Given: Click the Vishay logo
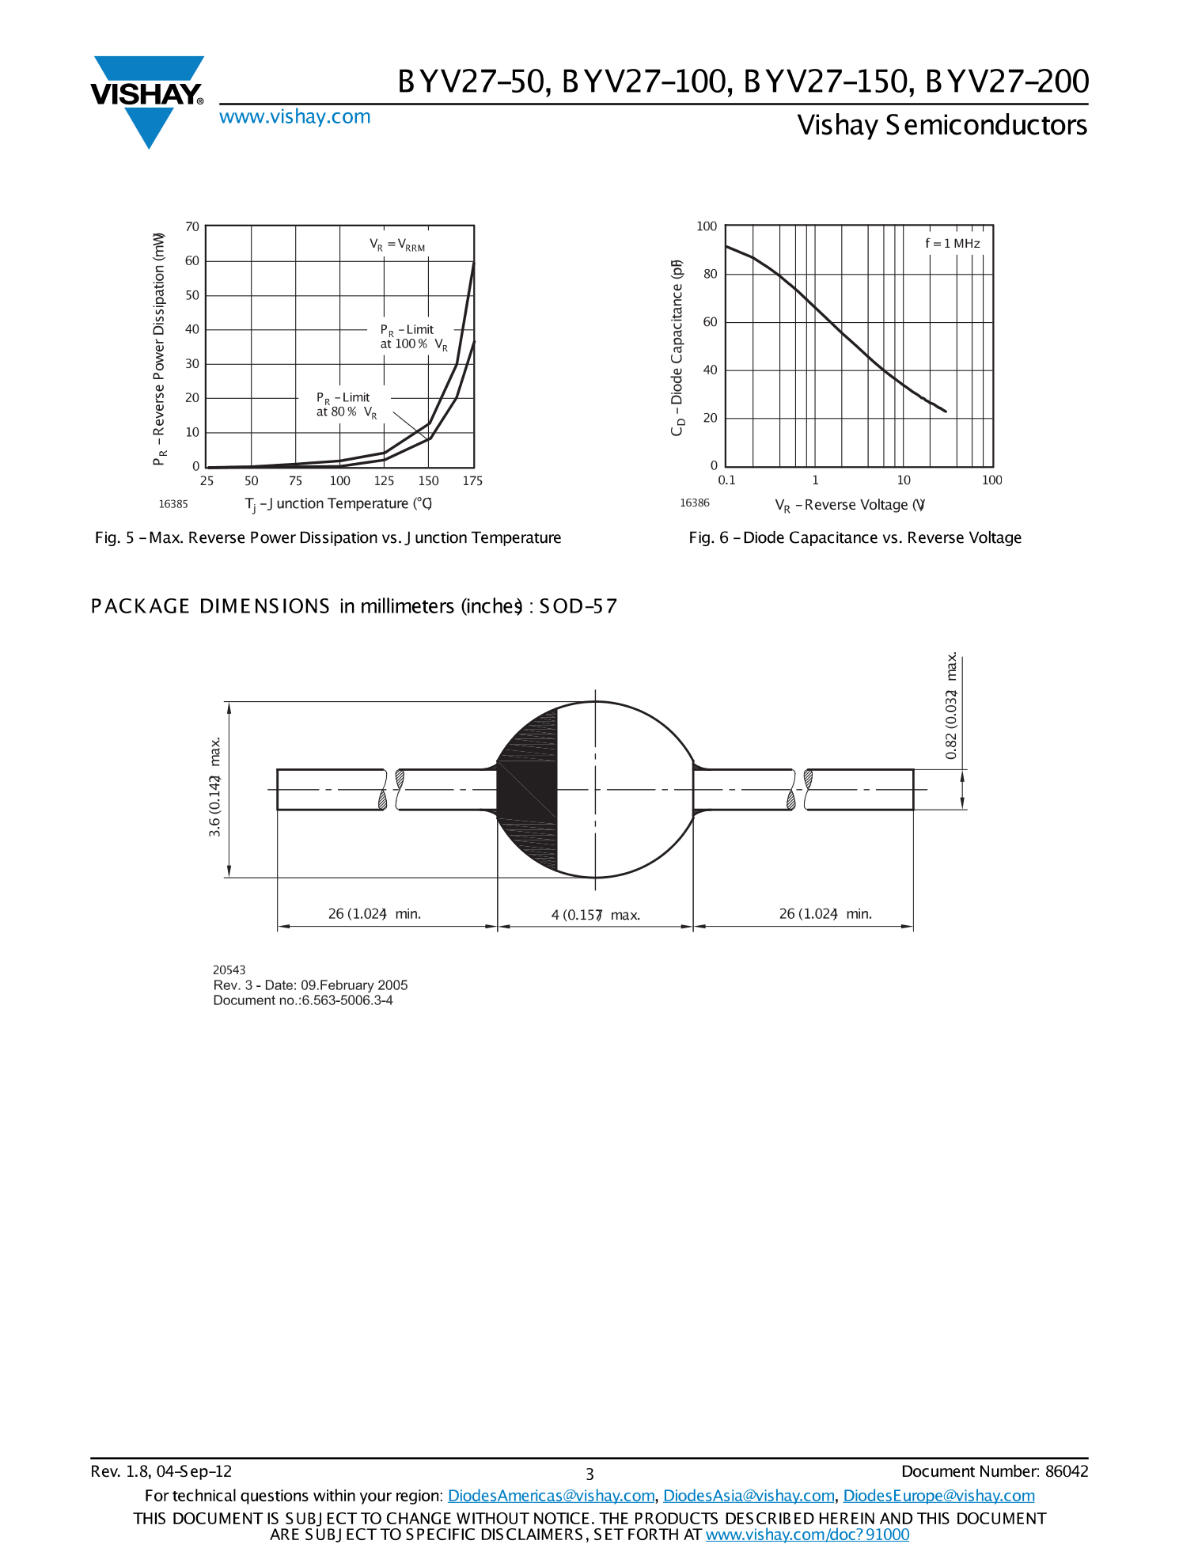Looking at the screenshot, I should click(x=148, y=99).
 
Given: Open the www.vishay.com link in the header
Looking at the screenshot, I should click(x=294, y=117).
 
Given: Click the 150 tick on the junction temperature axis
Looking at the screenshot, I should click(x=428, y=481).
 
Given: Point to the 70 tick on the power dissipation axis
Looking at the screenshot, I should click(x=192, y=227).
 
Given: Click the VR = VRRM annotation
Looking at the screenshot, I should click(x=397, y=245).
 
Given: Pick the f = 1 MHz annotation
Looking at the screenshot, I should click(x=952, y=244).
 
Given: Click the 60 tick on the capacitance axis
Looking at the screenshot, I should click(x=710, y=322).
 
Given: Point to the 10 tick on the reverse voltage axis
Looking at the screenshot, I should click(x=904, y=480).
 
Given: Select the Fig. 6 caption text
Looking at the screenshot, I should click(x=855, y=538).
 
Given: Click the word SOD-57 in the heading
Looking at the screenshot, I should click(x=578, y=607).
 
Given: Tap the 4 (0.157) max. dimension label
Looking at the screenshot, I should click(x=595, y=915).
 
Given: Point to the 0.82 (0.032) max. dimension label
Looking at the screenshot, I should click(x=951, y=706).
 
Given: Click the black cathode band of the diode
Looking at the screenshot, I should click(x=529, y=789).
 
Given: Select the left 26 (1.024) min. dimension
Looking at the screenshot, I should click(x=374, y=914).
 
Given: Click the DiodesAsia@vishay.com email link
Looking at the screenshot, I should click(x=749, y=1496).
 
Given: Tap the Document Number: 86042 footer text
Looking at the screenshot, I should click(x=995, y=1471).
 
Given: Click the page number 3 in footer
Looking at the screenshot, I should click(x=589, y=1474).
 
